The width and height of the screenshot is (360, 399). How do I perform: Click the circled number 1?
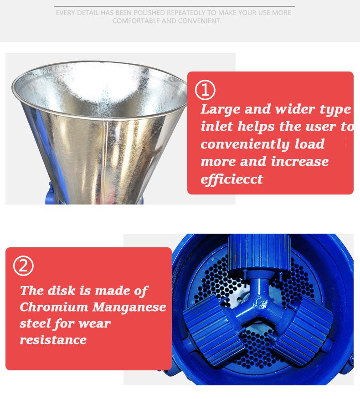(205, 90)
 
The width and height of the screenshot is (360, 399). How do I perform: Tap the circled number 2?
(23, 266)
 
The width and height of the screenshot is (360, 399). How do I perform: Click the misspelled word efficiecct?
(231, 179)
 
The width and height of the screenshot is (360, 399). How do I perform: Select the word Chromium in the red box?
(54, 307)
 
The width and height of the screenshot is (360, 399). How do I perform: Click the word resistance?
(53, 340)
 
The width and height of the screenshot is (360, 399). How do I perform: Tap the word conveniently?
(246, 144)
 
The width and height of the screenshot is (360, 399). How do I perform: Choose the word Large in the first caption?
(221, 110)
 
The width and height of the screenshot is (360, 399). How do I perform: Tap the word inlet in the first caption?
(217, 127)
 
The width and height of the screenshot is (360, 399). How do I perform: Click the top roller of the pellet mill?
(259, 252)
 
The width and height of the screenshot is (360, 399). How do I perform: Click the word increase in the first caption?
(300, 162)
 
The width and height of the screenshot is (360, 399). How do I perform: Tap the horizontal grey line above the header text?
(175, 6)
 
